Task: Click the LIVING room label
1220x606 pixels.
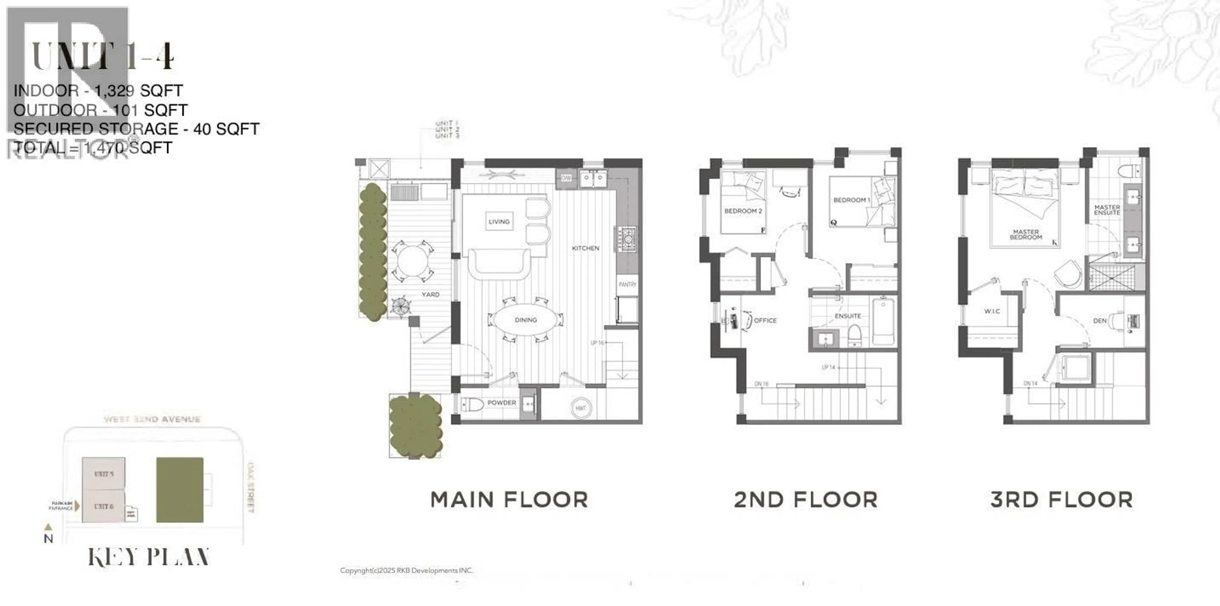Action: point(499,221)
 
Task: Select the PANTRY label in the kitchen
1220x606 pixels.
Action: point(627,284)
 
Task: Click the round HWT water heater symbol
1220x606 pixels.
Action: point(581,408)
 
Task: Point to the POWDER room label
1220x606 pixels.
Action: point(502,403)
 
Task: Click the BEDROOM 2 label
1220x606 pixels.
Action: point(742,211)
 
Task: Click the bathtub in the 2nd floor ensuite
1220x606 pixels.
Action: point(883,321)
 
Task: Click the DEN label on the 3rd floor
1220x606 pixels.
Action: point(1100,321)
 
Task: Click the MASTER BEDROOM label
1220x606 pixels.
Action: point(1026,235)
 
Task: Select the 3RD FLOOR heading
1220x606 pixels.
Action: point(1061,500)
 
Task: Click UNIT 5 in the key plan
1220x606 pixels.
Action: point(104,474)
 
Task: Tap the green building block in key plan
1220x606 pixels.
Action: point(180,490)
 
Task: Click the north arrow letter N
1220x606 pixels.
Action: point(48,539)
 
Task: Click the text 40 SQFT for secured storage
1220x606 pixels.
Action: point(226,129)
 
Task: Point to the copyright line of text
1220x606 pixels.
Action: point(406,570)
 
